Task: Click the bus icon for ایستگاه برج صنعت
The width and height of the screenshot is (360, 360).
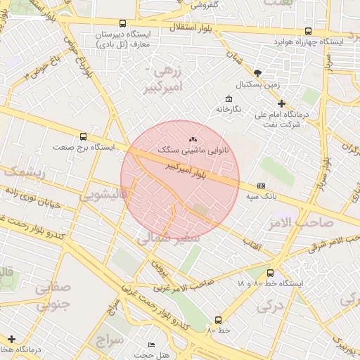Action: click(x=84, y=137)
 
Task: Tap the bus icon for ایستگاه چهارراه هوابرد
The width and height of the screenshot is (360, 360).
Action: click(x=309, y=31)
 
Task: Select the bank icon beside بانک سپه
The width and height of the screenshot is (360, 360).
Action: click(x=262, y=186)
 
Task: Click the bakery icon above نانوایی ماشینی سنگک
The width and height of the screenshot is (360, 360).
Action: click(x=193, y=140)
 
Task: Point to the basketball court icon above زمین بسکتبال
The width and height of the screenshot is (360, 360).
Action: click(x=258, y=73)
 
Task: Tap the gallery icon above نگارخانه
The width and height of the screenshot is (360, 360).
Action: click(x=229, y=99)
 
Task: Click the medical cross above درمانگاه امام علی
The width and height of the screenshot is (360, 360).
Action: click(x=281, y=103)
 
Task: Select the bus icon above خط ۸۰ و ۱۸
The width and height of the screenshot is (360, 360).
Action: click(x=271, y=273)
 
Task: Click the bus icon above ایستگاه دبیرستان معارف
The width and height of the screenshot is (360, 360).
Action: click(x=123, y=23)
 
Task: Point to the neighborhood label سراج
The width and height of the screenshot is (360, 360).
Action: click(x=111, y=340)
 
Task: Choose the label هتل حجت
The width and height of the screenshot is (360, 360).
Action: click(x=166, y=354)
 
